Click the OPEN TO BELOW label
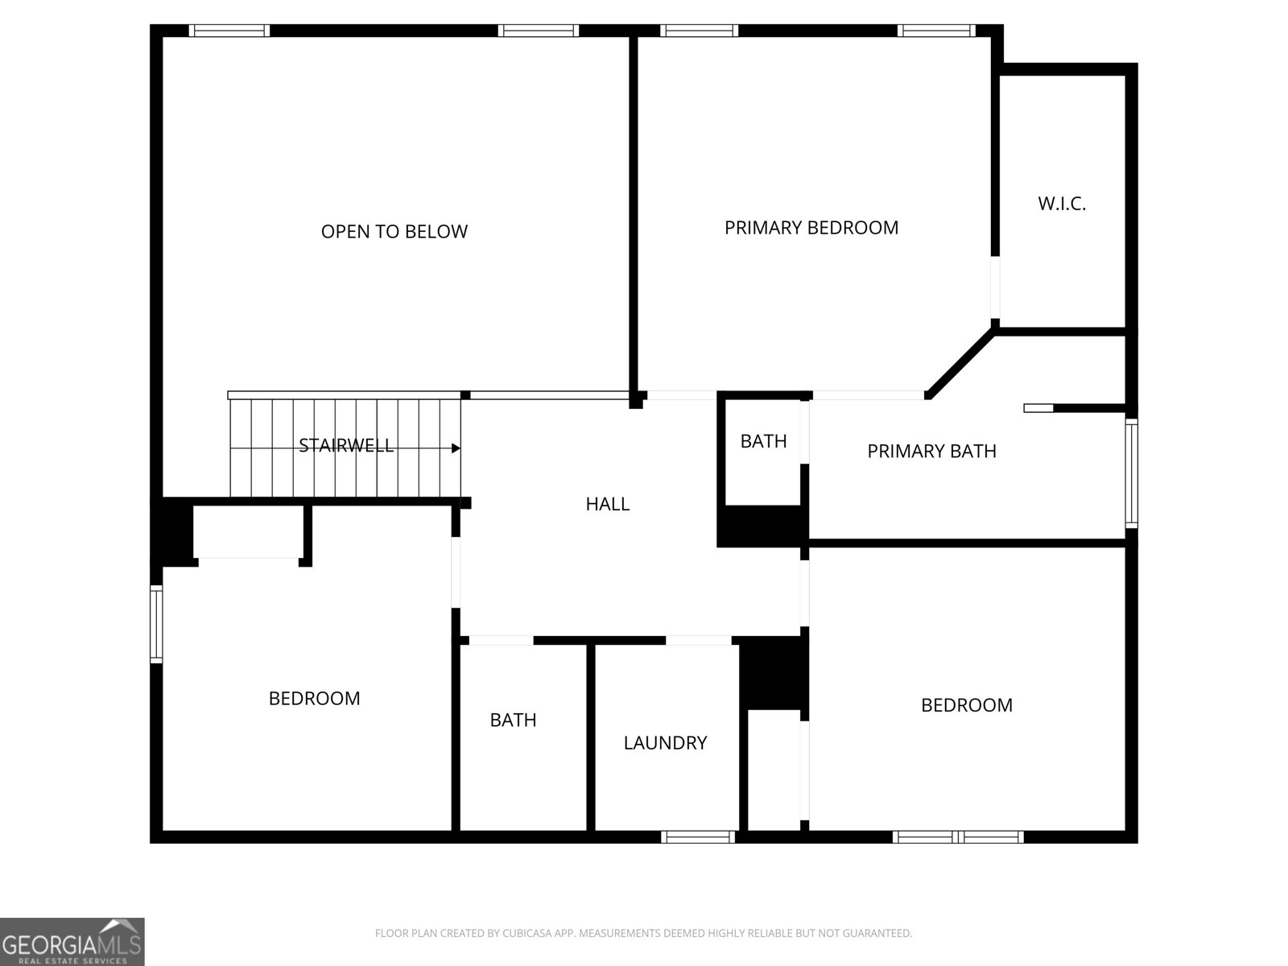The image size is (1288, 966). (394, 232)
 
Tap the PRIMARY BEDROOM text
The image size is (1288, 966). (811, 228)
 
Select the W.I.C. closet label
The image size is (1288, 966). (1062, 204)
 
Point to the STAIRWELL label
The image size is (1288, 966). (345, 446)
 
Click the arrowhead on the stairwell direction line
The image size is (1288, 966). (456, 448)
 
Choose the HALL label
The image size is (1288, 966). (607, 504)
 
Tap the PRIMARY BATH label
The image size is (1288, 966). (931, 451)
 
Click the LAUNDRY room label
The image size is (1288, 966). (665, 743)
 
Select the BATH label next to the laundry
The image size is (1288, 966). (513, 720)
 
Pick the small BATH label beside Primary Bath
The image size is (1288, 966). (763, 441)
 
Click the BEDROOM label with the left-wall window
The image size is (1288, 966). (314, 699)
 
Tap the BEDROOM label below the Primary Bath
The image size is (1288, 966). (967, 705)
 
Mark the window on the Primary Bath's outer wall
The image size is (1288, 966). (1131, 473)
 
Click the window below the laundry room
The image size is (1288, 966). (698, 837)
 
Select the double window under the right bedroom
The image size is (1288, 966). (958, 837)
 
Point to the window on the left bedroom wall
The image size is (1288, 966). (156, 624)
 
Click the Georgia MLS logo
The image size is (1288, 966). (72, 942)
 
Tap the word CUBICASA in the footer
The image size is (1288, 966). (525, 933)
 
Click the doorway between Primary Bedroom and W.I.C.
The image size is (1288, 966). (995, 287)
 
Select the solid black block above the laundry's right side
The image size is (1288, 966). (770, 673)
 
